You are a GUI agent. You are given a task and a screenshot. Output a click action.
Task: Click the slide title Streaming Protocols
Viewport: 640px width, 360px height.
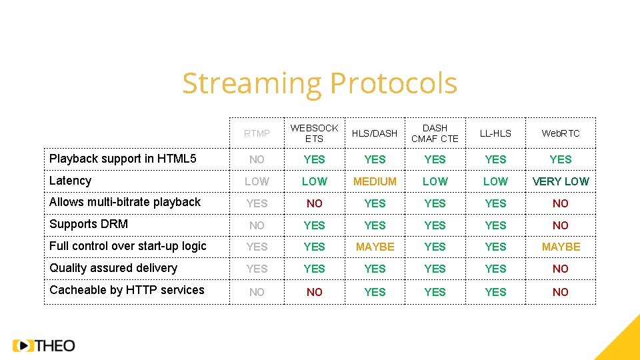coord(319,84)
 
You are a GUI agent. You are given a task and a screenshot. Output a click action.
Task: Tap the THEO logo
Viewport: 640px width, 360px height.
coord(44,345)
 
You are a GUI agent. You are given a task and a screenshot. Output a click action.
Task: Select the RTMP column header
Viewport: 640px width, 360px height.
coord(257,133)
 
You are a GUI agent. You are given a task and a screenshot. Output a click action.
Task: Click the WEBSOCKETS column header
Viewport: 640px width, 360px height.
coord(314,133)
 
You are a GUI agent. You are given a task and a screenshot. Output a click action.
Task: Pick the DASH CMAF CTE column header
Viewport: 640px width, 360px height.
coord(435,133)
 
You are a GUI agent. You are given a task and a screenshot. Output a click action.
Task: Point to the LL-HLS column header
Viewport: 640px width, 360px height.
coord(495,133)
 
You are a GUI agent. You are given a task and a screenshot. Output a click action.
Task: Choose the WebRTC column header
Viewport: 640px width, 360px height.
coord(561,133)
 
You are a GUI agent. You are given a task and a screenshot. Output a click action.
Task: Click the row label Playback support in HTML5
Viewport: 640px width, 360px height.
coord(123,159)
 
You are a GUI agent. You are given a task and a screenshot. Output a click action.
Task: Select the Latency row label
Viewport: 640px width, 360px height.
coord(70,181)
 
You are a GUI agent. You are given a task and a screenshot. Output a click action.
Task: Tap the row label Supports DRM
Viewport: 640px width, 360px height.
coord(89,224)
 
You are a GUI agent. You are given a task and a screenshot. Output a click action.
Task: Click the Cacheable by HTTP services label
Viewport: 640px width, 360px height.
coord(127,290)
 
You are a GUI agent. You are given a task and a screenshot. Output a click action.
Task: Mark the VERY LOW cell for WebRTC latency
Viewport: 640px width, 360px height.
coord(561,181)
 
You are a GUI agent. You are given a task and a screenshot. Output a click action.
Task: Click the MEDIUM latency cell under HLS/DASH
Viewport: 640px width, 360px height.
coord(375,181)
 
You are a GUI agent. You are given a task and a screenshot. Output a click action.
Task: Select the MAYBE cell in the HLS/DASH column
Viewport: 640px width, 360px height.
coord(375,247)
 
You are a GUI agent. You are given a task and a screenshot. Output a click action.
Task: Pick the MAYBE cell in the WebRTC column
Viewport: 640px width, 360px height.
coord(561,247)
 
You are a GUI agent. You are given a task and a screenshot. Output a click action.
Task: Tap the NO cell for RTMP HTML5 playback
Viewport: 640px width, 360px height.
coord(257,159)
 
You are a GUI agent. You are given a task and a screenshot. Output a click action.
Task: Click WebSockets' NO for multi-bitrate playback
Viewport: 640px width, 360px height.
coord(314,203)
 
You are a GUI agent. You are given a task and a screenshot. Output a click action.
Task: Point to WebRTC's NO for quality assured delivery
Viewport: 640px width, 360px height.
coord(561,269)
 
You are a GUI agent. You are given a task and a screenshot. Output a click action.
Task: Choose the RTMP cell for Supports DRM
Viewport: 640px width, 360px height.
coord(257,225)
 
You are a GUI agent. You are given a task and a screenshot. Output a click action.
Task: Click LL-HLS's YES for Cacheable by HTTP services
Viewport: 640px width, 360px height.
coord(495,292)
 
